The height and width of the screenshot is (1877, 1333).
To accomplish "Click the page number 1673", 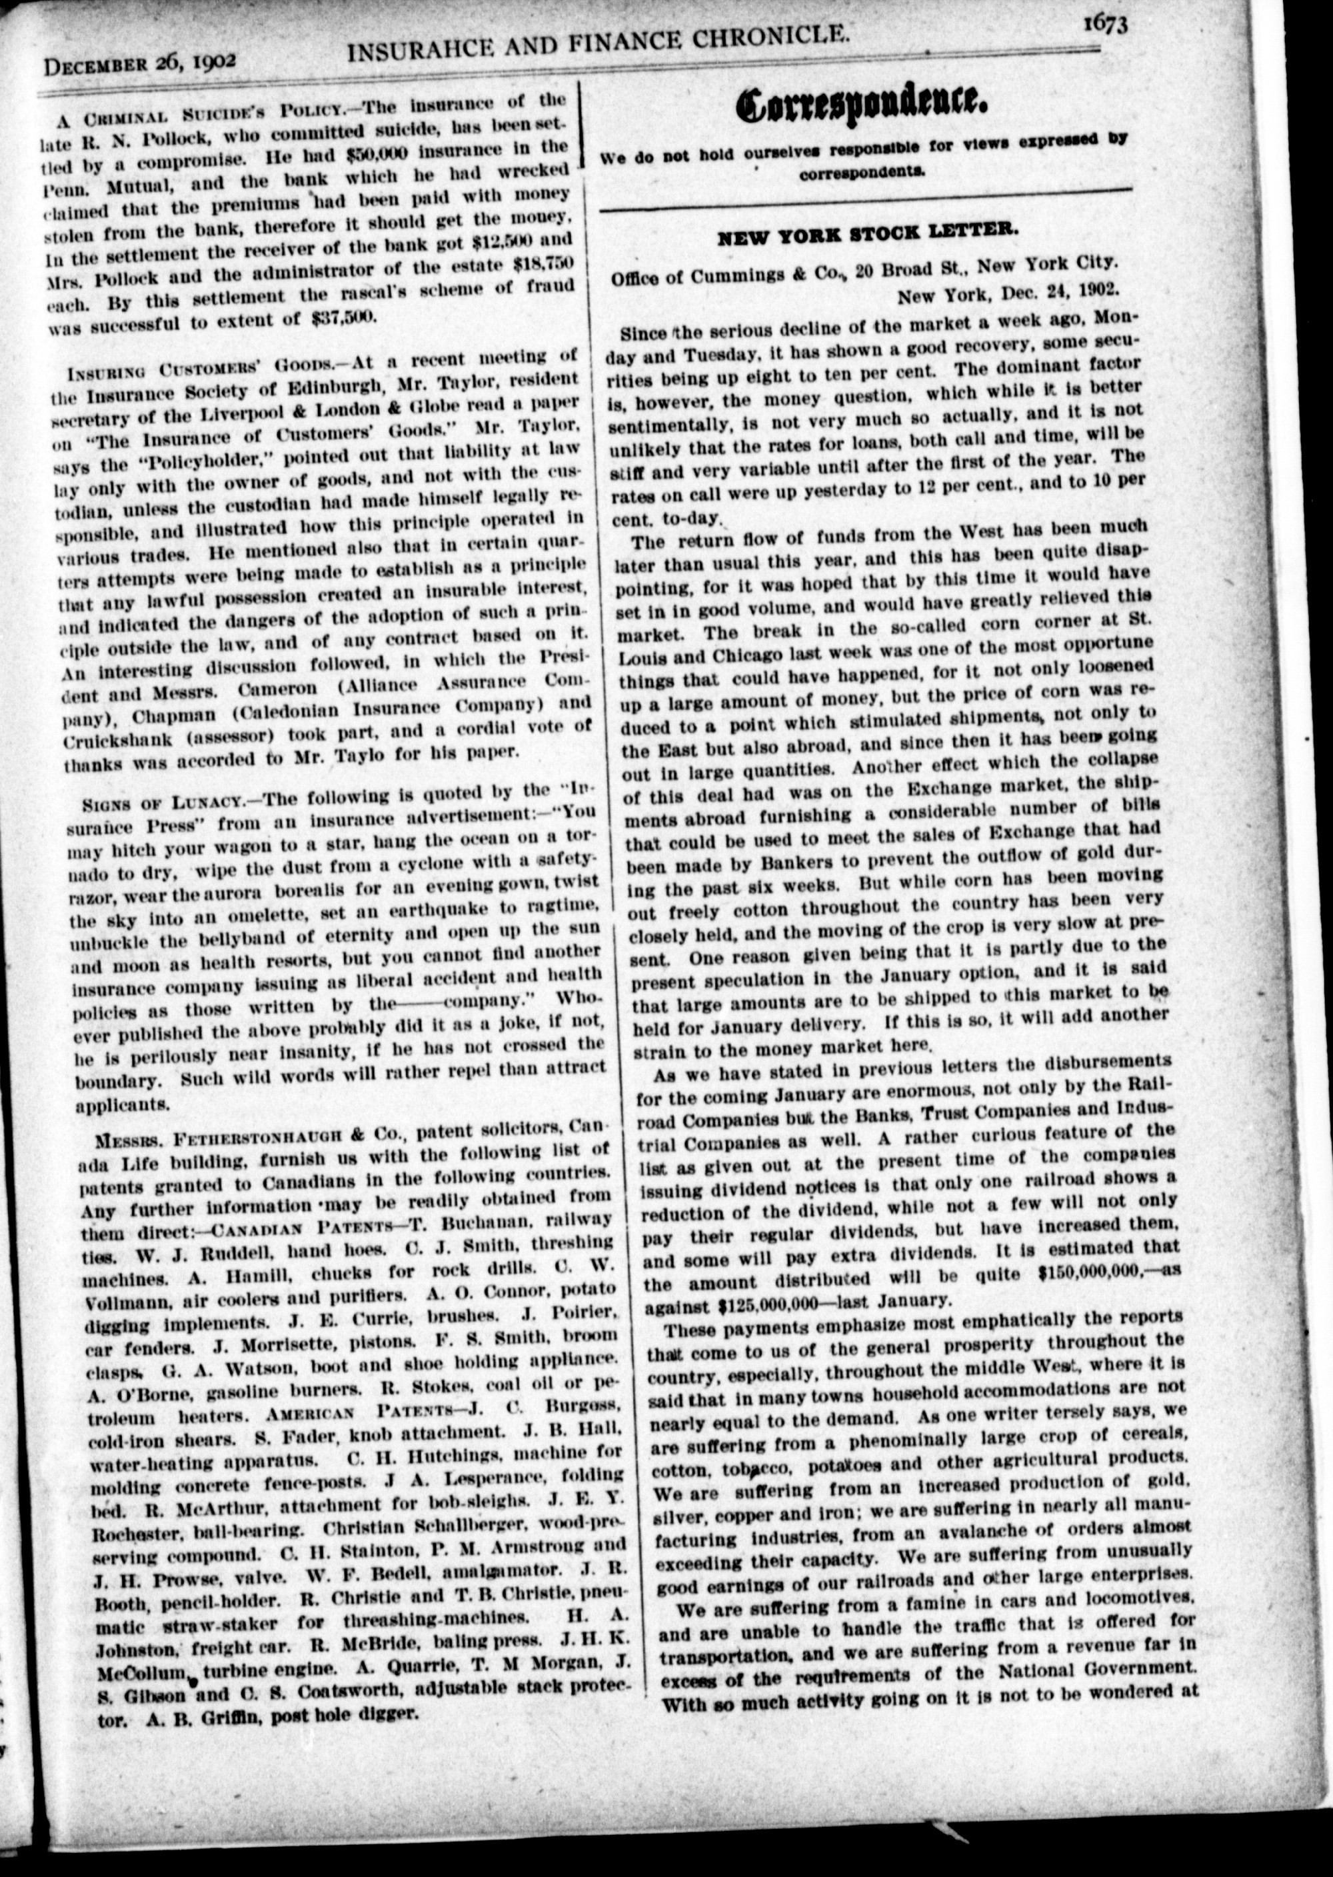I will pos(1103,24).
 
